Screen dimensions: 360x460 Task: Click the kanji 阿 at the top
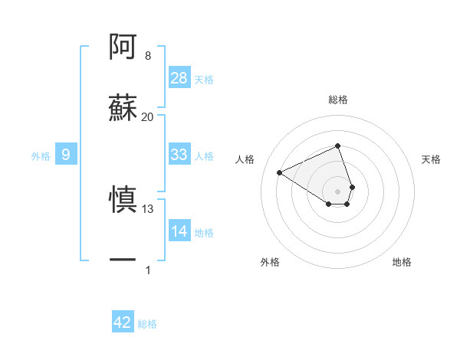123,47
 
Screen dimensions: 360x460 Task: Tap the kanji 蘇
123,107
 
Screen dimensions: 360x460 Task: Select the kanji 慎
123,201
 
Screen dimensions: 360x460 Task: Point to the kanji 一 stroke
123,260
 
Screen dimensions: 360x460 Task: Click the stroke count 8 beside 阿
148,56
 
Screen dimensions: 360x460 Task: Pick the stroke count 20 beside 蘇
148,116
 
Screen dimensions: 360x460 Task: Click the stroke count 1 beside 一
148,270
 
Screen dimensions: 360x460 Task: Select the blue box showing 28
179,78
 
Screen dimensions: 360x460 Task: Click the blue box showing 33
179,155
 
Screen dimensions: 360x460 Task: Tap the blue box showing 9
66,155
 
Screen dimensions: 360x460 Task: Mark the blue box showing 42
123,322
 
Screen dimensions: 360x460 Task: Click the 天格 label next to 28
204,80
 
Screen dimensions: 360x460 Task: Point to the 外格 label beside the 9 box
41,156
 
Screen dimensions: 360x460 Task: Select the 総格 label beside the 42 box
147,324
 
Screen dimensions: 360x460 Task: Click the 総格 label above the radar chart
338,100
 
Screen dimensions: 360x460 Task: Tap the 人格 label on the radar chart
245,159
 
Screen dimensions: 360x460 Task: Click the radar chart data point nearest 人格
280,173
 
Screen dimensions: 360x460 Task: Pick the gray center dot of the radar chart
337,191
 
